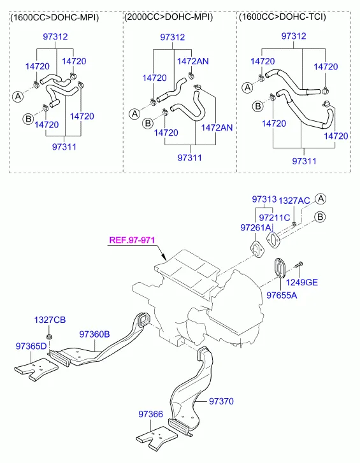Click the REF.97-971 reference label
(x=132, y=239)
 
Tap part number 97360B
(x=94, y=334)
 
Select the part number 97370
(x=221, y=401)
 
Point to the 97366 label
(x=150, y=414)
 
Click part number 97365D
(x=31, y=346)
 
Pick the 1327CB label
(x=50, y=320)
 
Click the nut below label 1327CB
(x=48, y=337)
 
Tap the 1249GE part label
(x=302, y=282)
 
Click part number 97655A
(x=282, y=295)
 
